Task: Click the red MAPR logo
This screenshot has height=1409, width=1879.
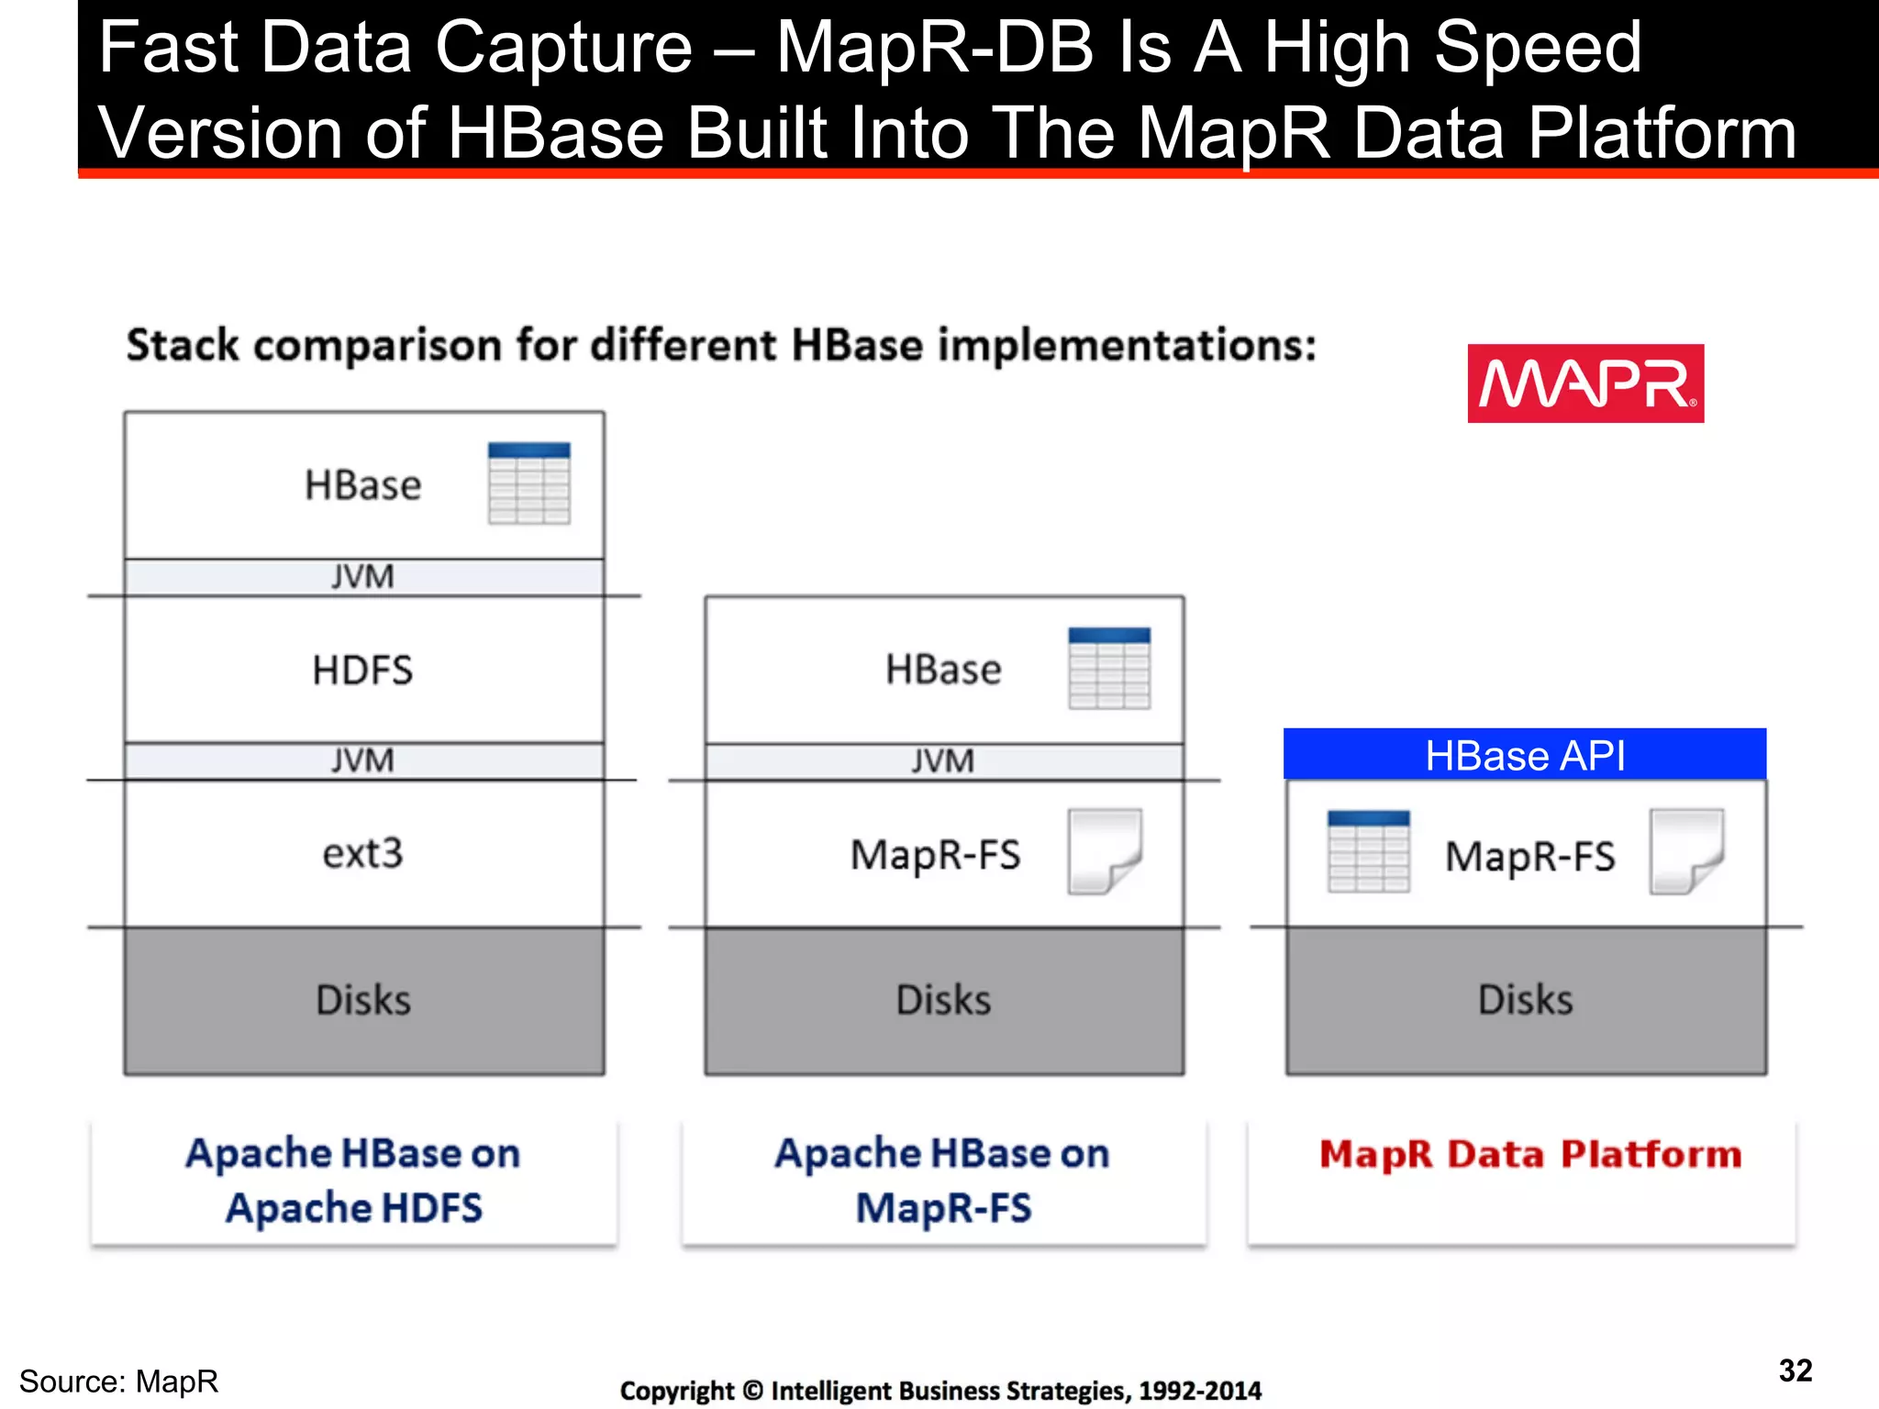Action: pos(1584,383)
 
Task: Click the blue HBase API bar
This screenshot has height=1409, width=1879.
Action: pos(1524,755)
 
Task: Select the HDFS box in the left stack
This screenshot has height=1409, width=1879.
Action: pos(363,670)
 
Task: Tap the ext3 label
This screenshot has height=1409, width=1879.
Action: pos(363,854)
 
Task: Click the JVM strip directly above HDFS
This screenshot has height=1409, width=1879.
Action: pos(363,577)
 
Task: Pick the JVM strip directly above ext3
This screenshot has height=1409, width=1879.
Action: pos(363,760)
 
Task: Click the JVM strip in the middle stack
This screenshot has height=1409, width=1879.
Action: pos(943,761)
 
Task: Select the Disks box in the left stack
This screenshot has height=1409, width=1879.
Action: pos(363,1000)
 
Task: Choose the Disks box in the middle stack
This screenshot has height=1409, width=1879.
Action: pos(943,1000)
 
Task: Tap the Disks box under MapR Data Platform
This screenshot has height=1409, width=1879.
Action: pos(1525,1000)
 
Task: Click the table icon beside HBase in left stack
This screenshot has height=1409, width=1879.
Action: pos(528,483)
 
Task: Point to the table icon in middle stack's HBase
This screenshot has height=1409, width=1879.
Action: pos(1109,668)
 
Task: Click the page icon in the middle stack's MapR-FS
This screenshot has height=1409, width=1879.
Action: pos(1105,851)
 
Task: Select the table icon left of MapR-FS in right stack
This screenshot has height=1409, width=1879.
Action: pos(1368,851)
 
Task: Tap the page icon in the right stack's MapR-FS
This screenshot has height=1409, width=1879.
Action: pos(1686,851)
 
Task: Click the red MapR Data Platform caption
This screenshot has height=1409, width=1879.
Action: pos(1529,1154)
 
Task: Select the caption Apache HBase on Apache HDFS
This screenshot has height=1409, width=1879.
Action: pos(354,1181)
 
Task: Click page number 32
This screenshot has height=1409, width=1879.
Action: pos(1795,1370)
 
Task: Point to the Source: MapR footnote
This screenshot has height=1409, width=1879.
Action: pos(119,1381)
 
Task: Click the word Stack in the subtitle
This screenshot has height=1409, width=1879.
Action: pos(183,346)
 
